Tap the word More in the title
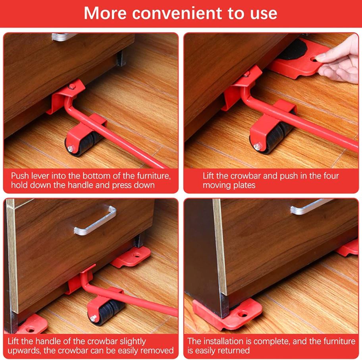tap(105, 13)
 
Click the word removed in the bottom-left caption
tap(158, 350)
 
